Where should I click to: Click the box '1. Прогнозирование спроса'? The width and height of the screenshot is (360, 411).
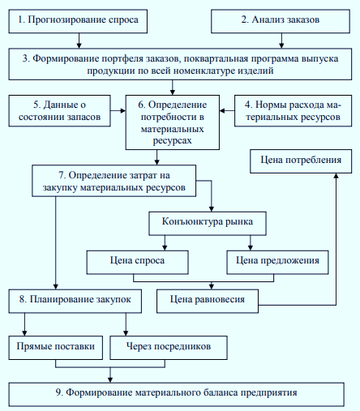click(78, 21)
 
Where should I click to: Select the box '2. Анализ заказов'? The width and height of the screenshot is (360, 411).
click(281, 21)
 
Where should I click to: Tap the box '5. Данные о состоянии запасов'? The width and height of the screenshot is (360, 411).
click(59, 110)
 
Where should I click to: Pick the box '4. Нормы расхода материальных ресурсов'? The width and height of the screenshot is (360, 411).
click(293, 110)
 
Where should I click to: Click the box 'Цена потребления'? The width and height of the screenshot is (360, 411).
click(301, 161)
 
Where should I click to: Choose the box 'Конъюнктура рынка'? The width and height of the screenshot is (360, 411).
click(208, 224)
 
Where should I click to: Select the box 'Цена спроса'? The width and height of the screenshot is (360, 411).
click(137, 263)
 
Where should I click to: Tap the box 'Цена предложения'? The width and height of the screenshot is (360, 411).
click(277, 263)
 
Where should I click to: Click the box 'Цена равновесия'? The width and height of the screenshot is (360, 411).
click(208, 302)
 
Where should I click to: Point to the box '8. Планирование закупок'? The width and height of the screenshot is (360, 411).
click(75, 302)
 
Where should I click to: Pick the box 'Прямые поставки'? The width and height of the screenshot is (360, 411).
click(56, 348)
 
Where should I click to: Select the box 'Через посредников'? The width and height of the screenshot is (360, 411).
click(169, 348)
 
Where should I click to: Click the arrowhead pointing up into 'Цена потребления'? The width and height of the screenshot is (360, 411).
click(336, 176)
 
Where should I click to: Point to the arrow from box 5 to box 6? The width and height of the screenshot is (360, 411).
click(118, 110)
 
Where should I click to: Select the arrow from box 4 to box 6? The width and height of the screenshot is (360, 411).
click(227, 110)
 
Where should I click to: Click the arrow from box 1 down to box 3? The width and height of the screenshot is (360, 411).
click(79, 41)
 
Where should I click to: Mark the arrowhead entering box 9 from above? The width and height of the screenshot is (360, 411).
click(110, 380)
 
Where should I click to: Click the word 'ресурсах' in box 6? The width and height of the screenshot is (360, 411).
click(173, 141)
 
